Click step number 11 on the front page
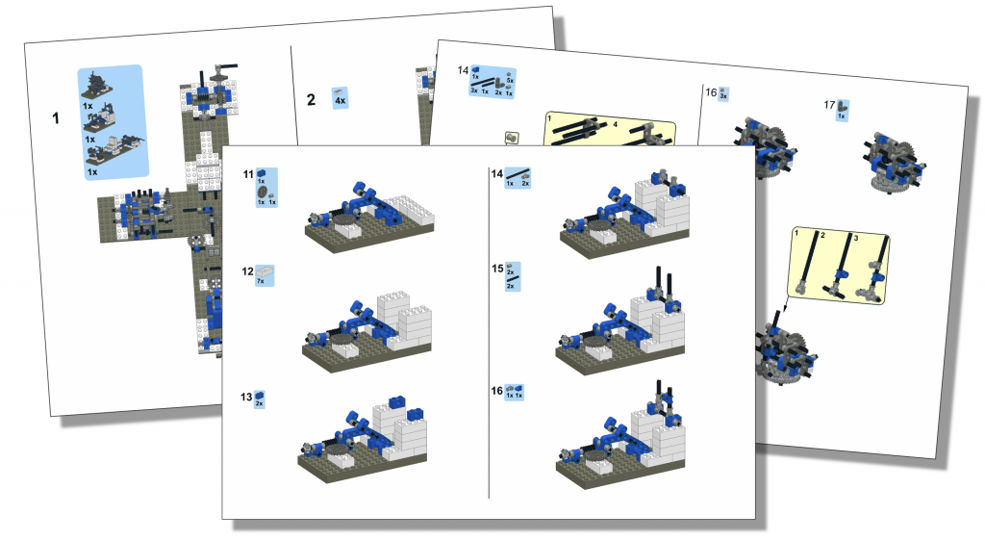point(248,176)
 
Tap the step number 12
point(248,272)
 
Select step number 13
point(247,397)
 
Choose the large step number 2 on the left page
point(310,99)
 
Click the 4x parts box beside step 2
point(340,97)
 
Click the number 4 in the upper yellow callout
point(615,124)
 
